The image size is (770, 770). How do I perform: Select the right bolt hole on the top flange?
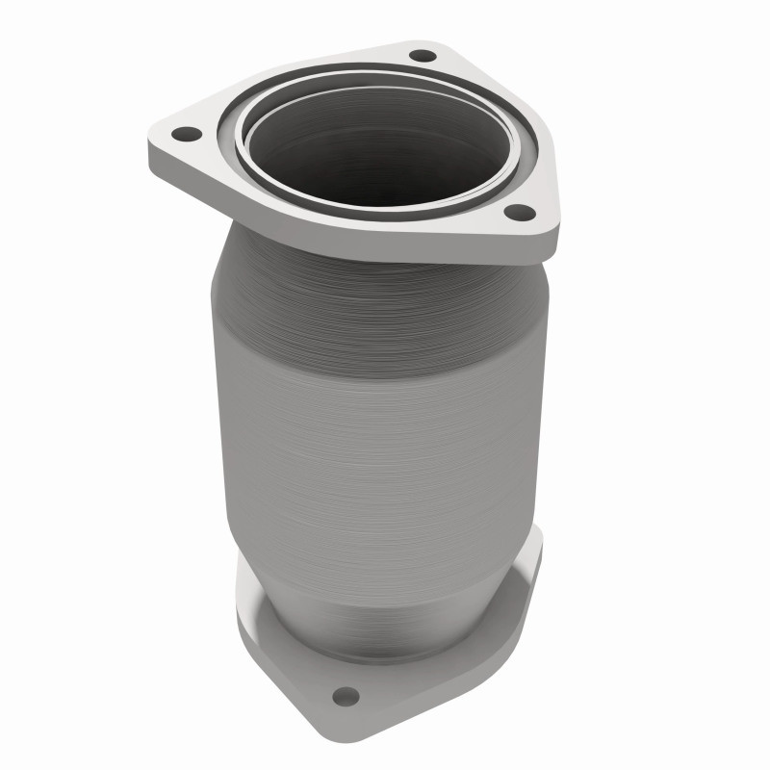(518, 213)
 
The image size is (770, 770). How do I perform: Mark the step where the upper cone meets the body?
(375, 346)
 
